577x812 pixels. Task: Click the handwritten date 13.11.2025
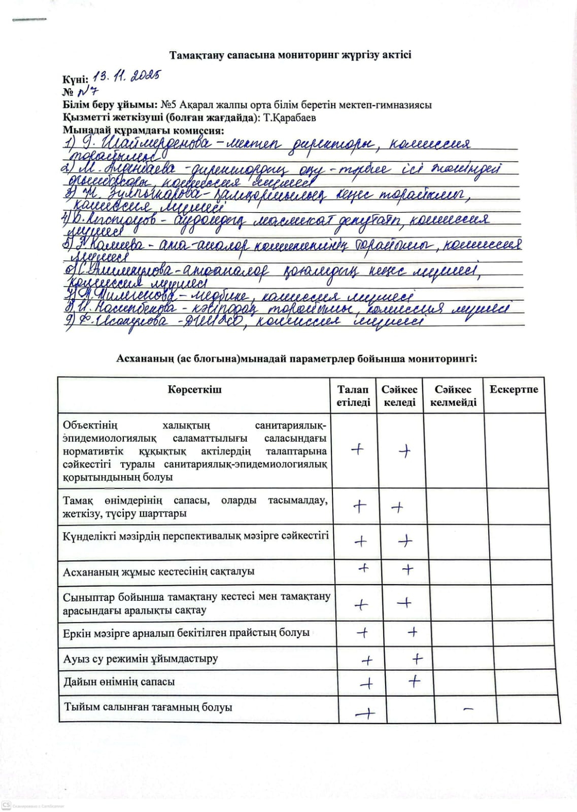127,76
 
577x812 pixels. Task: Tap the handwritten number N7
87,92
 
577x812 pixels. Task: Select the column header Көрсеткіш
194,390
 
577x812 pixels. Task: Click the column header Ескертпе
514,390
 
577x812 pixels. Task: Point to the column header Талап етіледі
353,396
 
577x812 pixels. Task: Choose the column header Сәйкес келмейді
453,396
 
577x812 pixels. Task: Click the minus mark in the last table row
468,708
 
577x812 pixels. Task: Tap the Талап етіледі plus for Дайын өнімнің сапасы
366,684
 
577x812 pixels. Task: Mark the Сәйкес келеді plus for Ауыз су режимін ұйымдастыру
417,659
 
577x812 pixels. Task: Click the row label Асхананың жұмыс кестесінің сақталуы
158,572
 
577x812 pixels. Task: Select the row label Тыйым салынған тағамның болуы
148,707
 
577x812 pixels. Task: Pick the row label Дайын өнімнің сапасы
119,682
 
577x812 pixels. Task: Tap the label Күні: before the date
75,79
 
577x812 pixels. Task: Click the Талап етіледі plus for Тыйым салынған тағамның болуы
365,714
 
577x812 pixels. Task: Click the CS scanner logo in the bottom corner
7,805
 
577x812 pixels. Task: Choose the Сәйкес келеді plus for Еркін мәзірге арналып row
413,632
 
